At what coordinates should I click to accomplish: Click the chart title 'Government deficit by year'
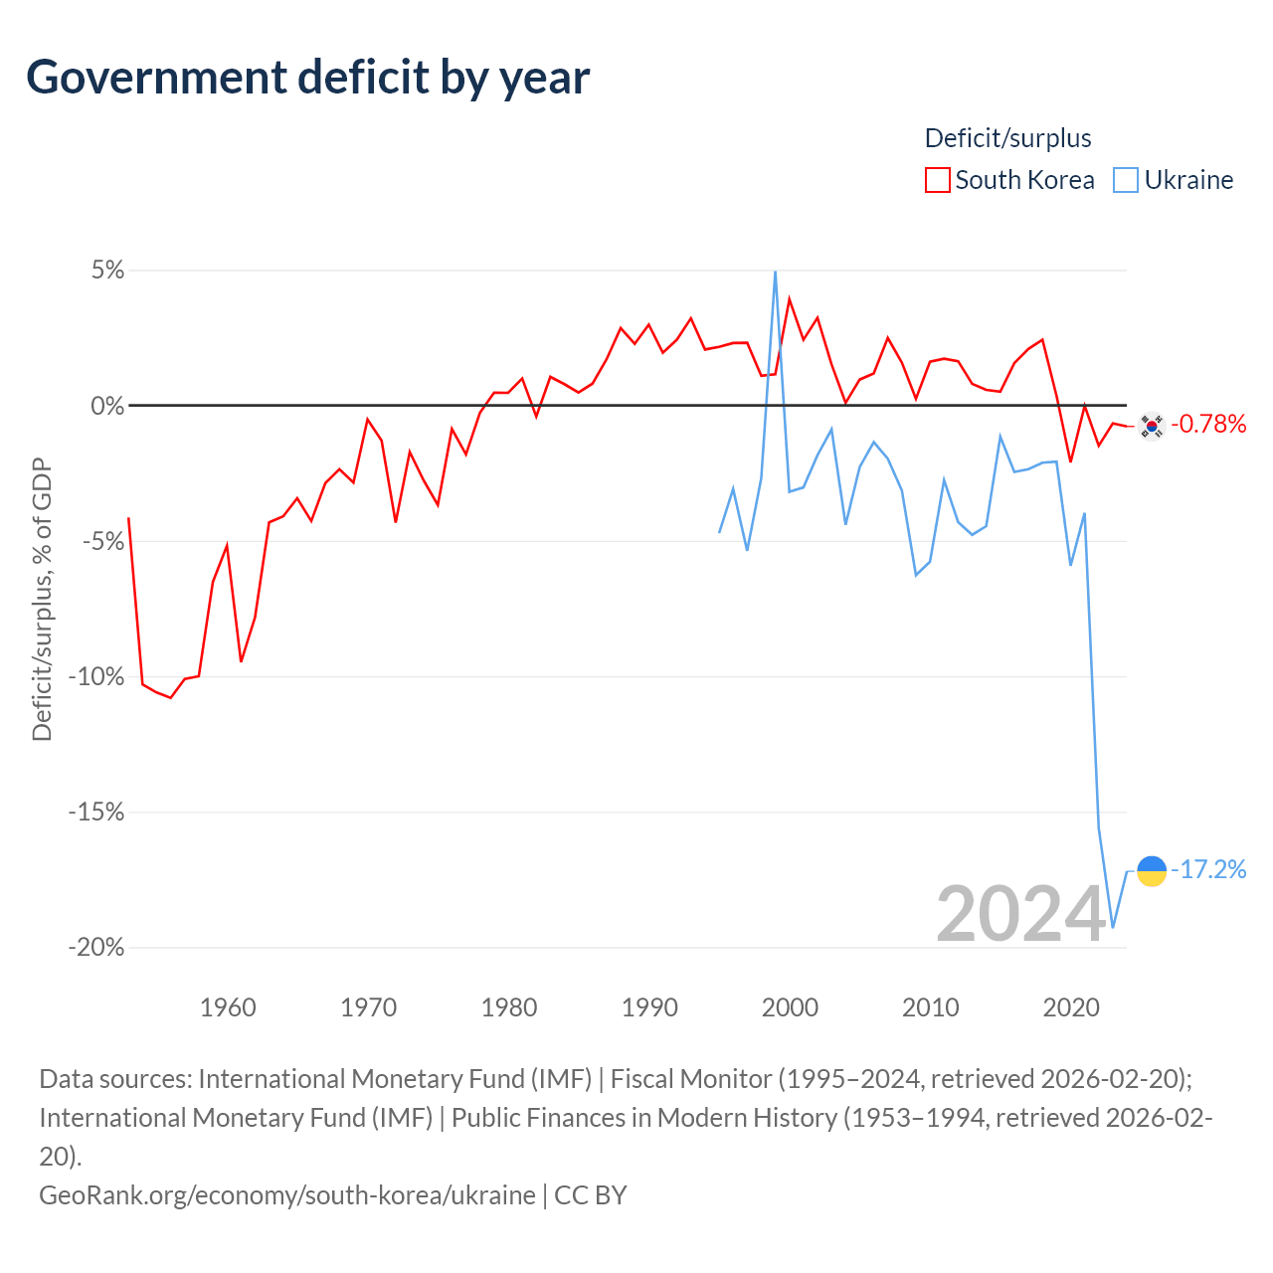tap(308, 78)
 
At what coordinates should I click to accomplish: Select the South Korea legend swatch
tap(937, 180)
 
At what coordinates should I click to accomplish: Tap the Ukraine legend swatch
tap(1126, 180)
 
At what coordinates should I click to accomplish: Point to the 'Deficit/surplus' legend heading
tap(1007, 138)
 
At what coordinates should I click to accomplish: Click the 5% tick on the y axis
tap(107, 271)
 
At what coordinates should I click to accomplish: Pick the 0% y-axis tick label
tap(107, 406)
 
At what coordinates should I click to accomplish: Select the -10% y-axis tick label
tap(96, 677)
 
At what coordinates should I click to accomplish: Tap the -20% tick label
tap(96, 948)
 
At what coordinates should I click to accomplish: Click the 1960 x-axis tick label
tap(228, 1007)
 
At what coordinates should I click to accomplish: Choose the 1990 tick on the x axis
tap(649, 1007)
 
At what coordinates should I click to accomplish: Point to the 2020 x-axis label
tap(1071, 1007)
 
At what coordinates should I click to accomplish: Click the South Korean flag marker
tap(1152, 426)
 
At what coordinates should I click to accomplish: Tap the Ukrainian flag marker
tap(1152, 870)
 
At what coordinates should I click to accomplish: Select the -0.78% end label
tap(1208, 425)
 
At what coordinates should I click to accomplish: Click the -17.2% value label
tap(1208, 870)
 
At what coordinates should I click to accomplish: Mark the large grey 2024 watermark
tap(1021, 914)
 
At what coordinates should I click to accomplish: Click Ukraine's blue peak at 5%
tap(775, 273)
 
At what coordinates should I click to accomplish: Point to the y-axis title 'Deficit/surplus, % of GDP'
tap(42, 600)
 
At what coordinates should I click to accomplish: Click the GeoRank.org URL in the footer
tap(287, 1194)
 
